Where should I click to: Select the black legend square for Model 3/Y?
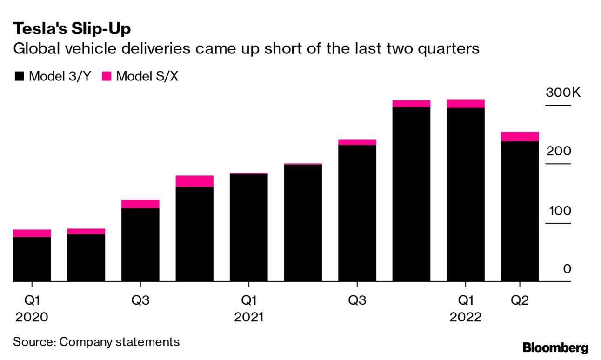19,76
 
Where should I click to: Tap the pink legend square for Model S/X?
107,76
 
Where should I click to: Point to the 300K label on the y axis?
563,93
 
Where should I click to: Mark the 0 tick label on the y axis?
567,269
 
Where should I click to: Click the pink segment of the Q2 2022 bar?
520,136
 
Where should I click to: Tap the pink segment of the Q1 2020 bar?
32,233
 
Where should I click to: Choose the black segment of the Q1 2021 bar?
249,227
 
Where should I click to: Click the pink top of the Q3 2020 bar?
140,204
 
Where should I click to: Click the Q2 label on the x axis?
520,300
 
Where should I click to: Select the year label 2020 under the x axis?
32,318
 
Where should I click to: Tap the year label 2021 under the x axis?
249,318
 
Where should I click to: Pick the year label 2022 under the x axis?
465,318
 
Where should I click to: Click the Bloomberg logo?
555,347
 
